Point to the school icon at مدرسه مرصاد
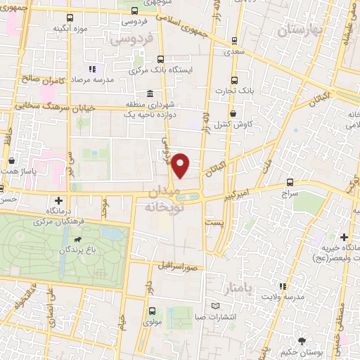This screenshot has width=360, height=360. click(91, 70)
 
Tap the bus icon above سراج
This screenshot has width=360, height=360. click(290, 182)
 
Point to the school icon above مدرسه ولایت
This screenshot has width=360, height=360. click(283, 287)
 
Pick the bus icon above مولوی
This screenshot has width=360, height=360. click(151, 310)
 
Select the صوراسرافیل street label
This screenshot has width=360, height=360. click(181, 268)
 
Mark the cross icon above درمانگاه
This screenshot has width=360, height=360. click(59, 202)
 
